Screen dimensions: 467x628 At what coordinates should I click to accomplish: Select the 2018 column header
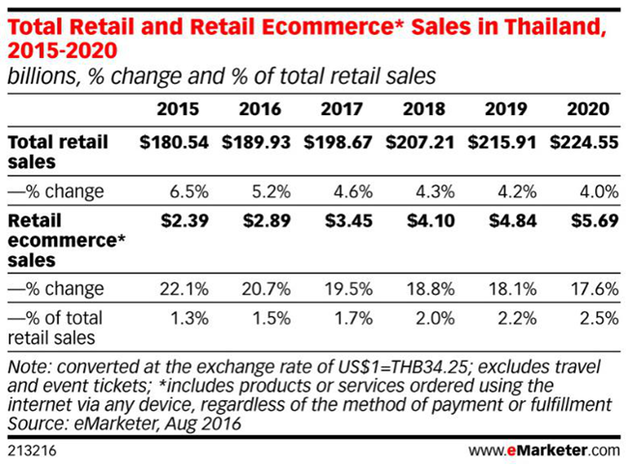425,108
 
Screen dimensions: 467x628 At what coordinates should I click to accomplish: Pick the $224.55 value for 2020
585,142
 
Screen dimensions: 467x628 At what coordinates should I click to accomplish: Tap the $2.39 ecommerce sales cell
184,220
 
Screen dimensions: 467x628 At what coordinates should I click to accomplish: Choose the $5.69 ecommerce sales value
592,220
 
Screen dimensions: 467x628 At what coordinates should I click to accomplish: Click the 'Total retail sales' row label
58,152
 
